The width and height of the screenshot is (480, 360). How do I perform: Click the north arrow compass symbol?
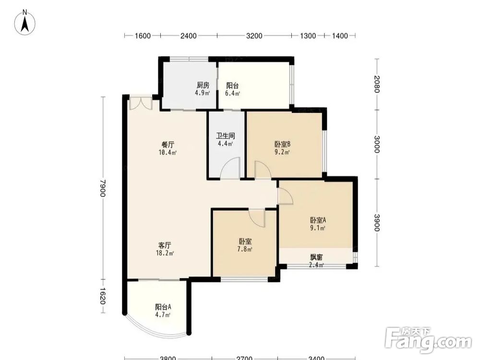point(25,22)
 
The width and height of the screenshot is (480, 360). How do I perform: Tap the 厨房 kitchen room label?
point(203,85)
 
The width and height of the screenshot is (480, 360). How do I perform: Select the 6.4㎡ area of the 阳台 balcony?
point(232,93)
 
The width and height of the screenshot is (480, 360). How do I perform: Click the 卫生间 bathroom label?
point(226,136)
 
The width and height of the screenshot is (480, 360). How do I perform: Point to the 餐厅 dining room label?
point(168,144)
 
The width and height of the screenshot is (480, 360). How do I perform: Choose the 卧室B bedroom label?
point(282,144)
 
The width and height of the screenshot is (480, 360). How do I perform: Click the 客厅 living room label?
point(165,245)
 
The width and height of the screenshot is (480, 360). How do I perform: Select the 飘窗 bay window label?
point(316,257)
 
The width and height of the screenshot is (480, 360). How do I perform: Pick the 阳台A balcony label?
point(163,307)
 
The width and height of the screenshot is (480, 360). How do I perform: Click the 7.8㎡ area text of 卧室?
point(245,249)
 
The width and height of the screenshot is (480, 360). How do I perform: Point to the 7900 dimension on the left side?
point(103,188)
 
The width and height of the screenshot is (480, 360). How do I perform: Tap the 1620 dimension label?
point(103,296)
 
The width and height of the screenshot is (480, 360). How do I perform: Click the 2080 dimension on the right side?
point(377,84)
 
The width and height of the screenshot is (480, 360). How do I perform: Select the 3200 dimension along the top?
point(254,36)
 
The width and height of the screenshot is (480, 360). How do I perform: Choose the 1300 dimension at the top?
point(308,36)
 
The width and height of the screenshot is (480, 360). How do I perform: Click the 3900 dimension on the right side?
point(377,223)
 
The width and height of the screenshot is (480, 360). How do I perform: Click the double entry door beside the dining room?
point(141,103)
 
